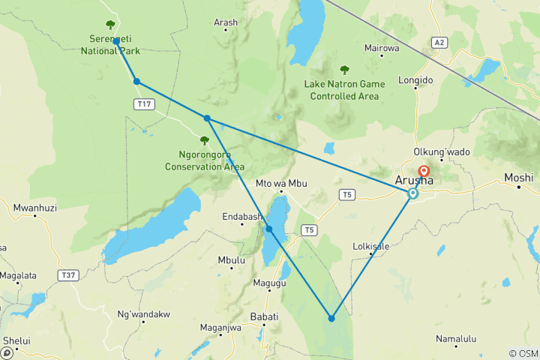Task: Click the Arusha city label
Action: (x=413, y=180)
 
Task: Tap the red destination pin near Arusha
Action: (x=424, y=172)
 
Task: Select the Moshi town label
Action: (x=518, y=178)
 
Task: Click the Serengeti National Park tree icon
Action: (x=111, y=25)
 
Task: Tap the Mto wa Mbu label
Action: (x=282, y=184)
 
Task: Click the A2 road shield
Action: (x=439, y=43)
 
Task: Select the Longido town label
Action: (x=416, y=79)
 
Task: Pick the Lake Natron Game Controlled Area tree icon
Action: (x=345, y=70)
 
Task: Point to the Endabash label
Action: (x=241, y=217)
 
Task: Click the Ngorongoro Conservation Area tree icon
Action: (x=204, y=140)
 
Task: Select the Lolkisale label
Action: (x=370, y=246)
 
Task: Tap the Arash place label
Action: (x=225, y=23)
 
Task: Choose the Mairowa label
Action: (x=381, y=49)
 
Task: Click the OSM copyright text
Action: (x=523, y=353)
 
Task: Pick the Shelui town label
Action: (x=16, y=340)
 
